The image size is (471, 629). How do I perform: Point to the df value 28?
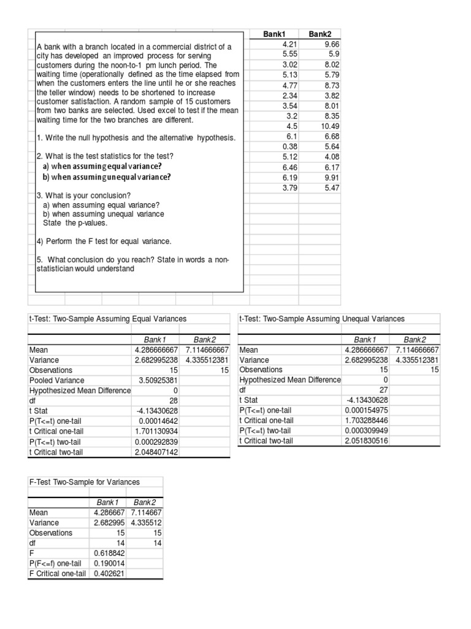click(172, 400)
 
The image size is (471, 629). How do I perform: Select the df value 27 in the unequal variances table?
click(382, 389)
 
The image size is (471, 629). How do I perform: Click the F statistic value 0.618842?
click(109, 553)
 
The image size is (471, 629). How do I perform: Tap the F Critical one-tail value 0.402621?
click(109, 574)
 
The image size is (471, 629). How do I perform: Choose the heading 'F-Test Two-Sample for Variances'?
click(85, 482)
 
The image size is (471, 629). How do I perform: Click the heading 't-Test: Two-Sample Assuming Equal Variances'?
click(108, 319)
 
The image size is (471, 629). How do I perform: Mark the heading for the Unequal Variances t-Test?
click(322, 319)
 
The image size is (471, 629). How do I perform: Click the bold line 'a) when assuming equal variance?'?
click(102, 166)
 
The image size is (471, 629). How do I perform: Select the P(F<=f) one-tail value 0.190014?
click(109, 563)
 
